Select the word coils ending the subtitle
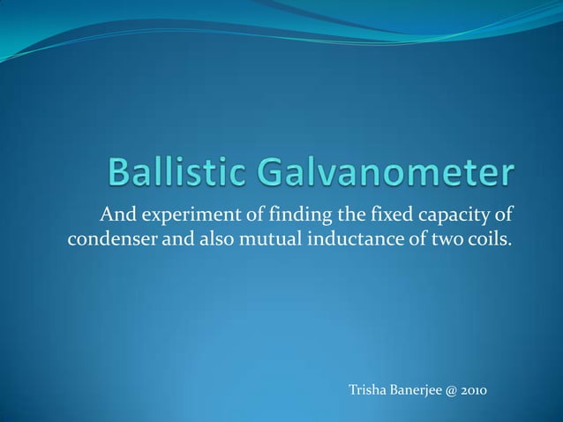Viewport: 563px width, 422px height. [x=487, y=238]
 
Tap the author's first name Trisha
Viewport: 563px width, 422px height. [x=370, y=390]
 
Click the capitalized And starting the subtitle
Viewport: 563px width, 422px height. [x=116, y=215]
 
